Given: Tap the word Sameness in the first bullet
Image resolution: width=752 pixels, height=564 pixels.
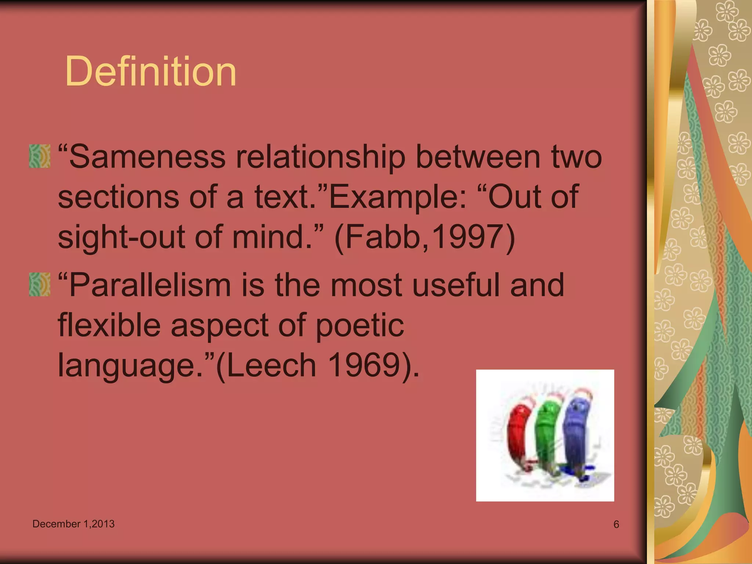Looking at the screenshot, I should (x=147, y=157).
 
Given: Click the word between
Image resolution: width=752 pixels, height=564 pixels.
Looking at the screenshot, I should (x=478, y=157).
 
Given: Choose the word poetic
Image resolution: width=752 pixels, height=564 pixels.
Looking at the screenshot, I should (x=360, y=325).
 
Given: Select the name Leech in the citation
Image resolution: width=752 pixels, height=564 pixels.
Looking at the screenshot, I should (x=272, y=365).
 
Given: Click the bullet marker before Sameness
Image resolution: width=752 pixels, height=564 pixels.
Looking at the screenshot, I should (x=40, y=156).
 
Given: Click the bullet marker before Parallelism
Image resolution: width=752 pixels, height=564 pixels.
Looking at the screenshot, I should (x=40, y=285).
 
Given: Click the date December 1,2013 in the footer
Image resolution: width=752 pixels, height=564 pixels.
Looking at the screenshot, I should (x=73, y=524).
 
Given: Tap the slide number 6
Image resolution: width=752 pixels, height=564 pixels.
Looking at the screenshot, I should (x=616, y=524).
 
